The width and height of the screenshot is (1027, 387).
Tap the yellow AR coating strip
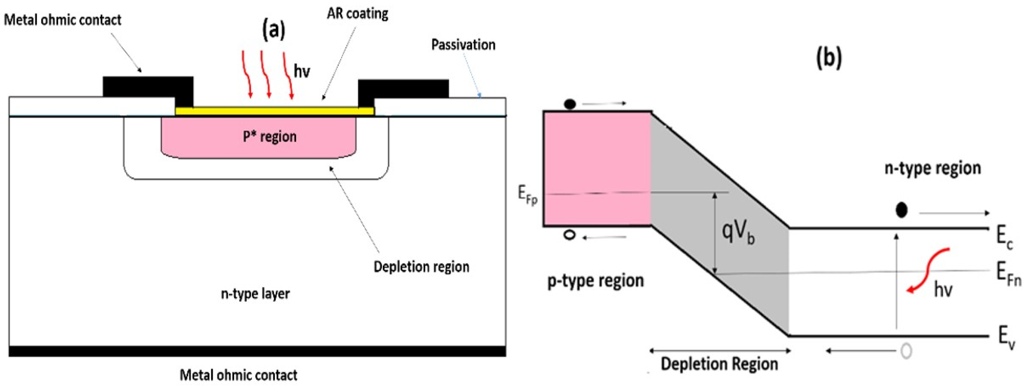[275, 111]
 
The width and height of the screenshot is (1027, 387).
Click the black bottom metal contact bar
[257, 351]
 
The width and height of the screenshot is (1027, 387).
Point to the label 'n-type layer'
[256, 294]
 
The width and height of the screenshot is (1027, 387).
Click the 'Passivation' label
[463, 45]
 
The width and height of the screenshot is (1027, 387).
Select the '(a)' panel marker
[274, 30]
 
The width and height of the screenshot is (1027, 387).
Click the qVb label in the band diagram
[738, 232]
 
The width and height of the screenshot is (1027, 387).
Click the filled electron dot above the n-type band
[902, 210]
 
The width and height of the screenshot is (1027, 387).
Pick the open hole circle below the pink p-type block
[570, 235]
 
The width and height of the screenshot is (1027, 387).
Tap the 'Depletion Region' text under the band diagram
[720, 364]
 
